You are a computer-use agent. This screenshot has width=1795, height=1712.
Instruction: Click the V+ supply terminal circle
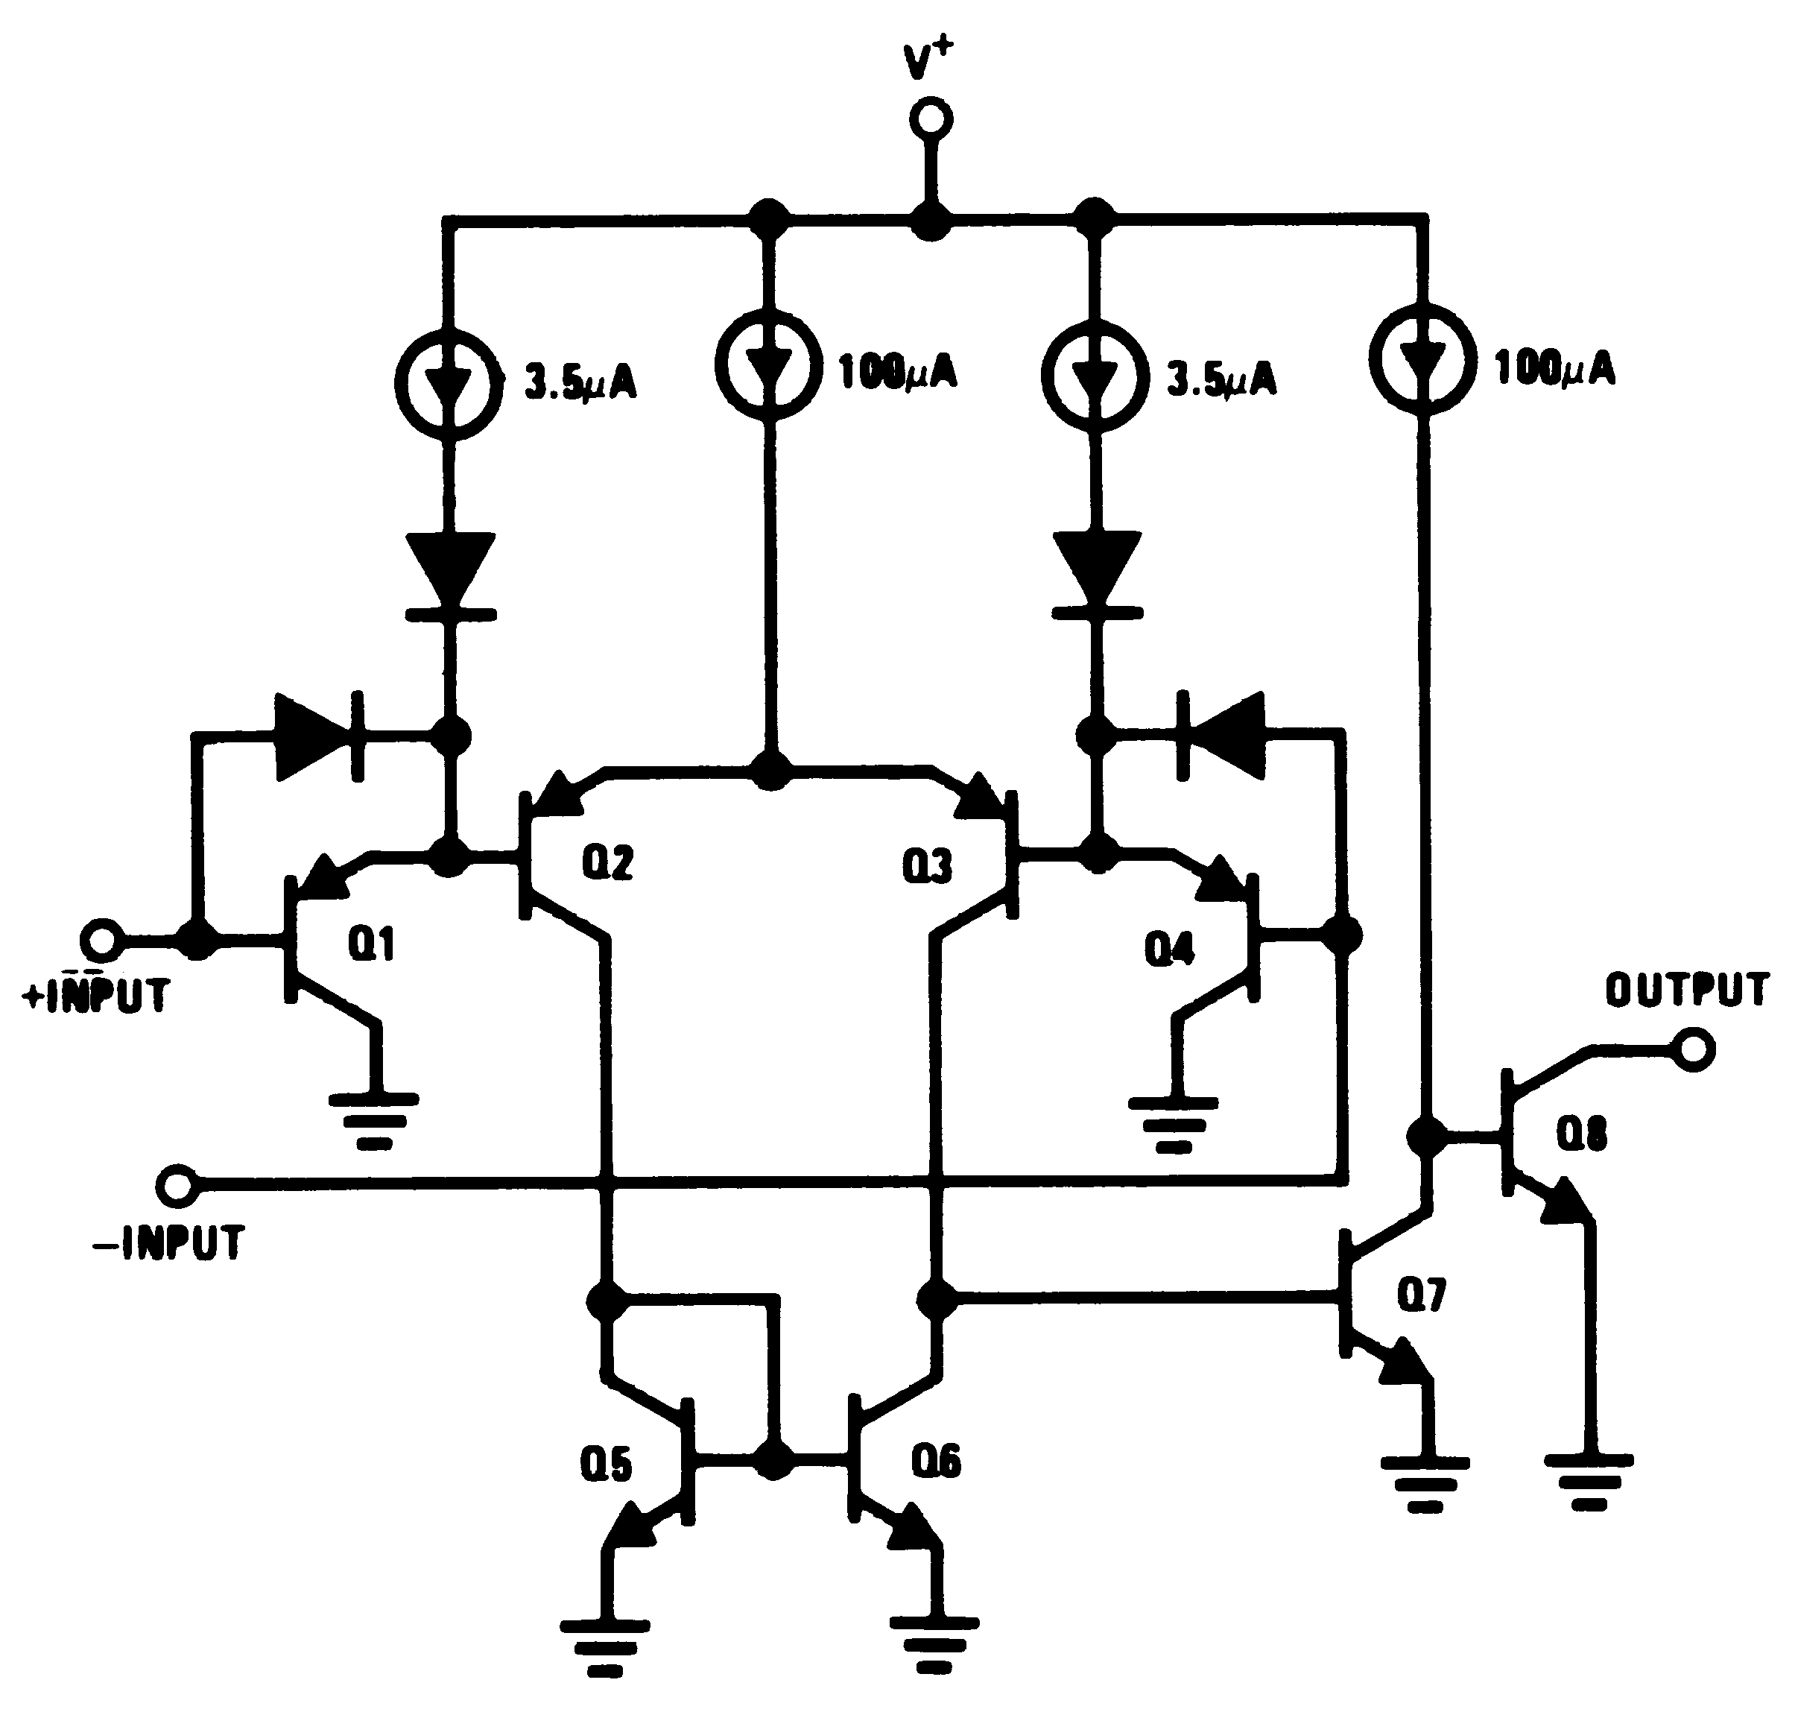[931, 119]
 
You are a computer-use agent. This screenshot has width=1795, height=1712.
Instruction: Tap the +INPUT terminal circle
[101, 940]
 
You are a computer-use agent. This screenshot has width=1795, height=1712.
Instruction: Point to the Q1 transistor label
[370, 944]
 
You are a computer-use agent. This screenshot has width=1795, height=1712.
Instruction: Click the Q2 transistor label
[608, 862]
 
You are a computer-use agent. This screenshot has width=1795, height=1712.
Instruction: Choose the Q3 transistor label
[926, 866]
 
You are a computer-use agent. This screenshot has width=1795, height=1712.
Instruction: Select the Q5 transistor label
[606, 1465]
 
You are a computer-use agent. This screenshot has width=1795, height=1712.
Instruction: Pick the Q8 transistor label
[1580, 1134]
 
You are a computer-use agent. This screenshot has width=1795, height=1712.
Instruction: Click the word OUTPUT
[1686, 990]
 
